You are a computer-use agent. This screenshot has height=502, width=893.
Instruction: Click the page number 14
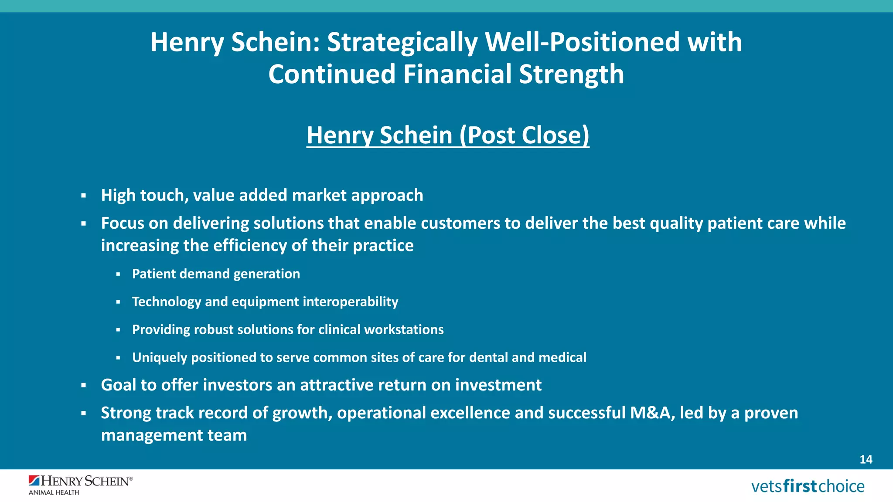(866, 459)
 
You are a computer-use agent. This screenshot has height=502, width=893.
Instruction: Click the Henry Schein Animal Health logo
(80, 485)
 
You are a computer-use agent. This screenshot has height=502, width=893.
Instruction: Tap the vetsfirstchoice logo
(808, 486)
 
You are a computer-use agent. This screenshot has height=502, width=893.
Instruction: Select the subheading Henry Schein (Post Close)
(448, 135)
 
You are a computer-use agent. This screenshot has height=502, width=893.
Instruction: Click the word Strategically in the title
(402, 42)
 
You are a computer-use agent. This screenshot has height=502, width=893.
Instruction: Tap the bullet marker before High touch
(83, 196)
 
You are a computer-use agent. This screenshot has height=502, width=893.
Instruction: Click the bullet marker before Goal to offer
(83, 385)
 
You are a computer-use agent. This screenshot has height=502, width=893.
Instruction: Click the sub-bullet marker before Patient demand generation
(118, 274)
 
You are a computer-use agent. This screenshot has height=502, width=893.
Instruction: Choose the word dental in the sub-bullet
(488, 357)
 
